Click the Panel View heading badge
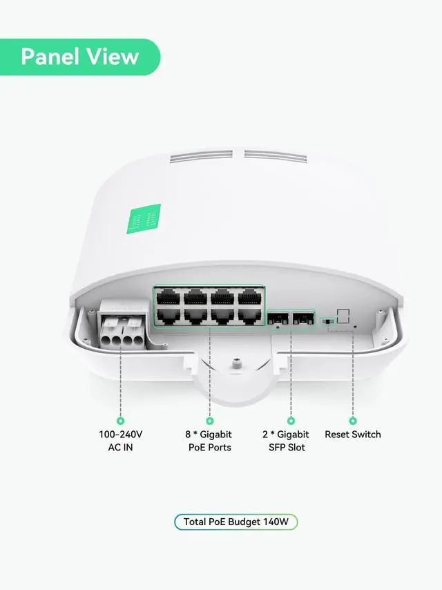click(79, 57)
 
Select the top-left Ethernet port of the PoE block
click(166, 298)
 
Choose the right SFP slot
click(301, 320)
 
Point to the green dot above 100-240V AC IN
click(121, 420)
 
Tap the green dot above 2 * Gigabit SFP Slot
click(291, 420)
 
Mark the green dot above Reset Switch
click(353, 420)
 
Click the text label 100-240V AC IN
click(121, 441)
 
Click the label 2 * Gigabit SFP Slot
click(286, 441)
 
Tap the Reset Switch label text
click(353, 435)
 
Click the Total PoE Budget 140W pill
click(236, 522)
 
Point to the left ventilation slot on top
click(199, 158)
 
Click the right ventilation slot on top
click(271, 155)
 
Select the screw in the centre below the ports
click(236, 361)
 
